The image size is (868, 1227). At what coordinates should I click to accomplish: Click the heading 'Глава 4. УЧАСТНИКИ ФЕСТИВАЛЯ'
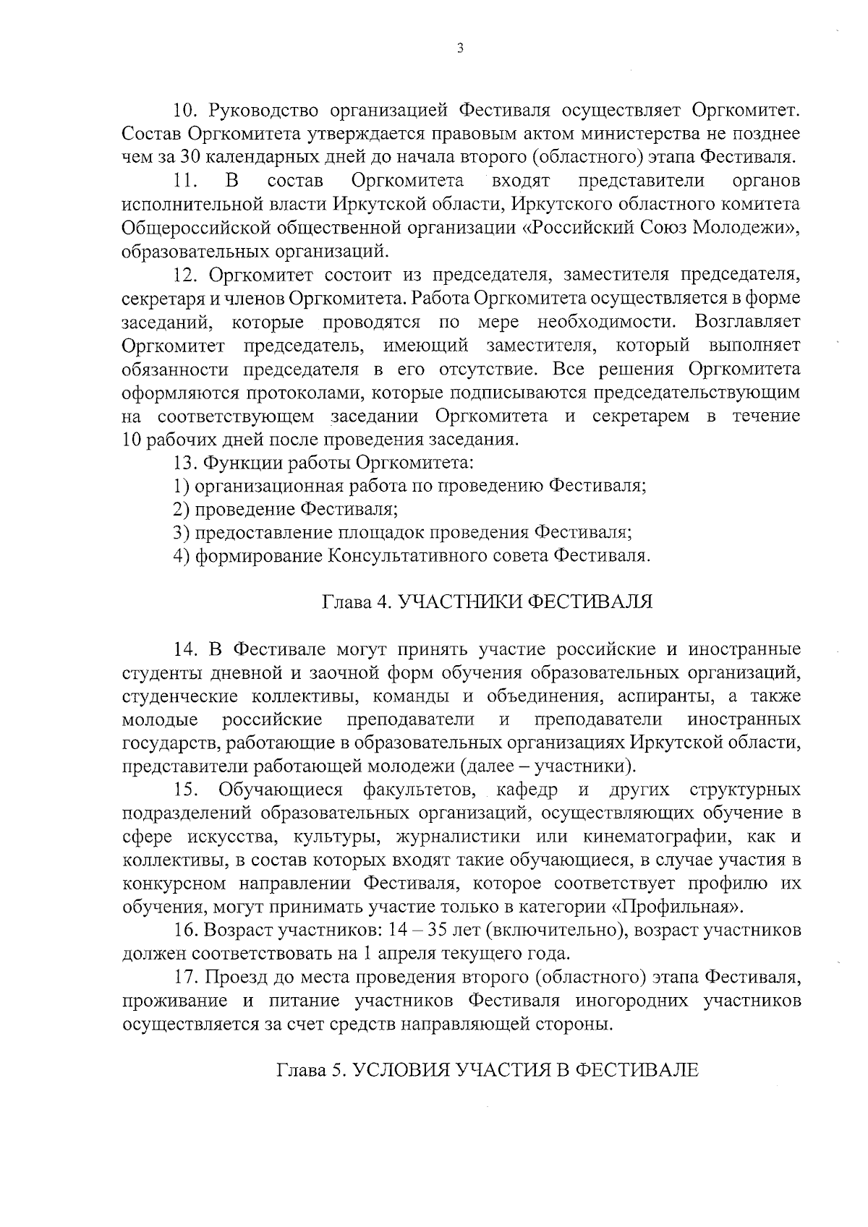pos(487,602)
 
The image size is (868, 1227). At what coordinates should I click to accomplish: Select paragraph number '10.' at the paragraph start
pos(186,110)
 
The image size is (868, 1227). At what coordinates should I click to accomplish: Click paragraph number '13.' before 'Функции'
pos(186,462)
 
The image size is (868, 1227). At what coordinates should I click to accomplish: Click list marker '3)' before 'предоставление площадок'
pos(182,533)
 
